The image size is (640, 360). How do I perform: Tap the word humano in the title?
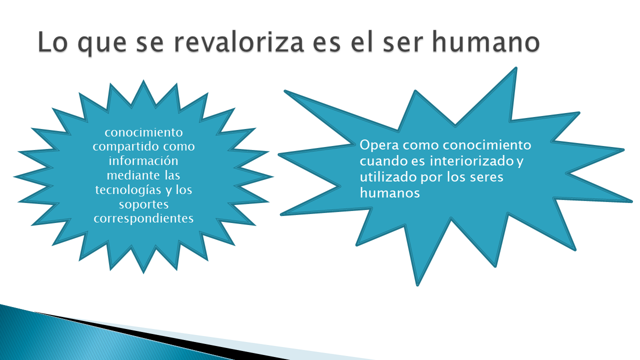coord(485,41)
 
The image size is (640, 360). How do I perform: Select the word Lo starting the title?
coord(52,41)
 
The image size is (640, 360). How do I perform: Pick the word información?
coord(143,160)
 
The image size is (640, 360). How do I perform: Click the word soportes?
coord(143,205)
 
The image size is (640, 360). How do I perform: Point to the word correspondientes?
coord(143,219)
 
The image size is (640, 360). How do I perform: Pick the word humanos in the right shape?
coord(389,193)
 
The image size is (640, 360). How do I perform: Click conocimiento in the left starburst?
coord(143,132)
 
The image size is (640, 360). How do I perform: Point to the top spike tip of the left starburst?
coord(143,80)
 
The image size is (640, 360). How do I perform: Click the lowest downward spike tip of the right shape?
coord(417,285)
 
